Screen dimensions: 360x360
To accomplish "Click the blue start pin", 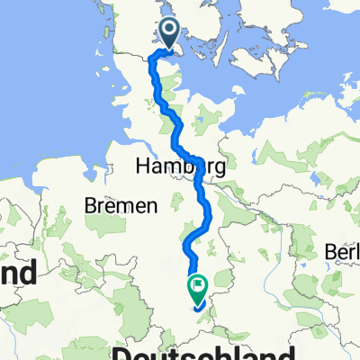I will (171, 35).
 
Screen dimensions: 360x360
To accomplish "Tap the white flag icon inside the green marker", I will (197, 286).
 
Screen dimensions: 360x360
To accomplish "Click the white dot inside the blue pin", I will (171, 32).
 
